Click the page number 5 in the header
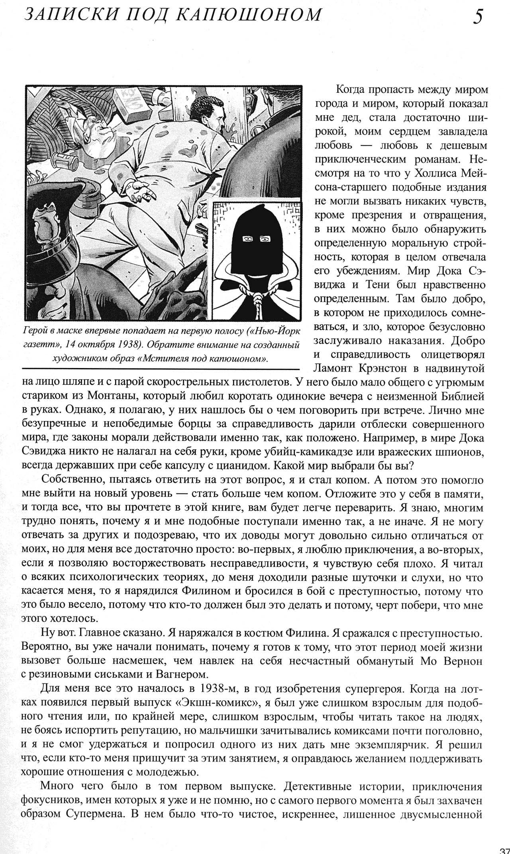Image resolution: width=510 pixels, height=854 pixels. pos(478,17)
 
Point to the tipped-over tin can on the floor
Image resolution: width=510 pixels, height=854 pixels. pos(68,162)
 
